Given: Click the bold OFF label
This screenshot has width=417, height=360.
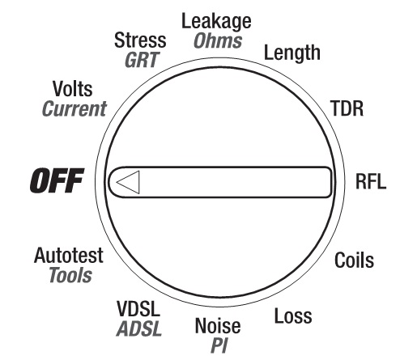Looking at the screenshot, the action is (57, 180).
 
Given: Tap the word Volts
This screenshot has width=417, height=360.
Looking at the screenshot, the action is (73, 89).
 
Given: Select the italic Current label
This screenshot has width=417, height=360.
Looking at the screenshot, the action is (74, 108).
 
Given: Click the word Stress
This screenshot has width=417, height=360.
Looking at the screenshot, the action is (140, 40).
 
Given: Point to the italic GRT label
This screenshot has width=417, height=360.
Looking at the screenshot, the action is (142, 60).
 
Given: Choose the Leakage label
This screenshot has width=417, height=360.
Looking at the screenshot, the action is (216, 22).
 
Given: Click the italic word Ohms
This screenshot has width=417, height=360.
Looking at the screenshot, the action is (218, 40).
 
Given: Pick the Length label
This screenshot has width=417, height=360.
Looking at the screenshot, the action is (292, 53).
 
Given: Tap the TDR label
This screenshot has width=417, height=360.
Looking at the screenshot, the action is (347, 108).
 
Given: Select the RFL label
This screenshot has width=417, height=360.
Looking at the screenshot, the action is (371, 181).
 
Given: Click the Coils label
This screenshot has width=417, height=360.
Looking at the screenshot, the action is (354, 260).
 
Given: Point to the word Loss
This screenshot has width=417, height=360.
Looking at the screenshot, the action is (293, 316).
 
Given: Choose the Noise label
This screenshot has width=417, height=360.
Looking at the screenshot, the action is (218, 326).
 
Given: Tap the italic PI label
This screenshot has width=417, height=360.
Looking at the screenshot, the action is (219, 345).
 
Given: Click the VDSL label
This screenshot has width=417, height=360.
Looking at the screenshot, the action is (138, 309).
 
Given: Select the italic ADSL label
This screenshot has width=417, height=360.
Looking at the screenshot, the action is (139, 328).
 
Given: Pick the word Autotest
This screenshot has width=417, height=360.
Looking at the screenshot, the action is (69, 255).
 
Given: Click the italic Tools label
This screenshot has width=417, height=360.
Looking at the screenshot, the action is (70, 275).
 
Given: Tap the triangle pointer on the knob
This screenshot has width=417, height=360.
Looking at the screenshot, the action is (128, 182).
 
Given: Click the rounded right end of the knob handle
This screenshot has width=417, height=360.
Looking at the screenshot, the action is (330, 182).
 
